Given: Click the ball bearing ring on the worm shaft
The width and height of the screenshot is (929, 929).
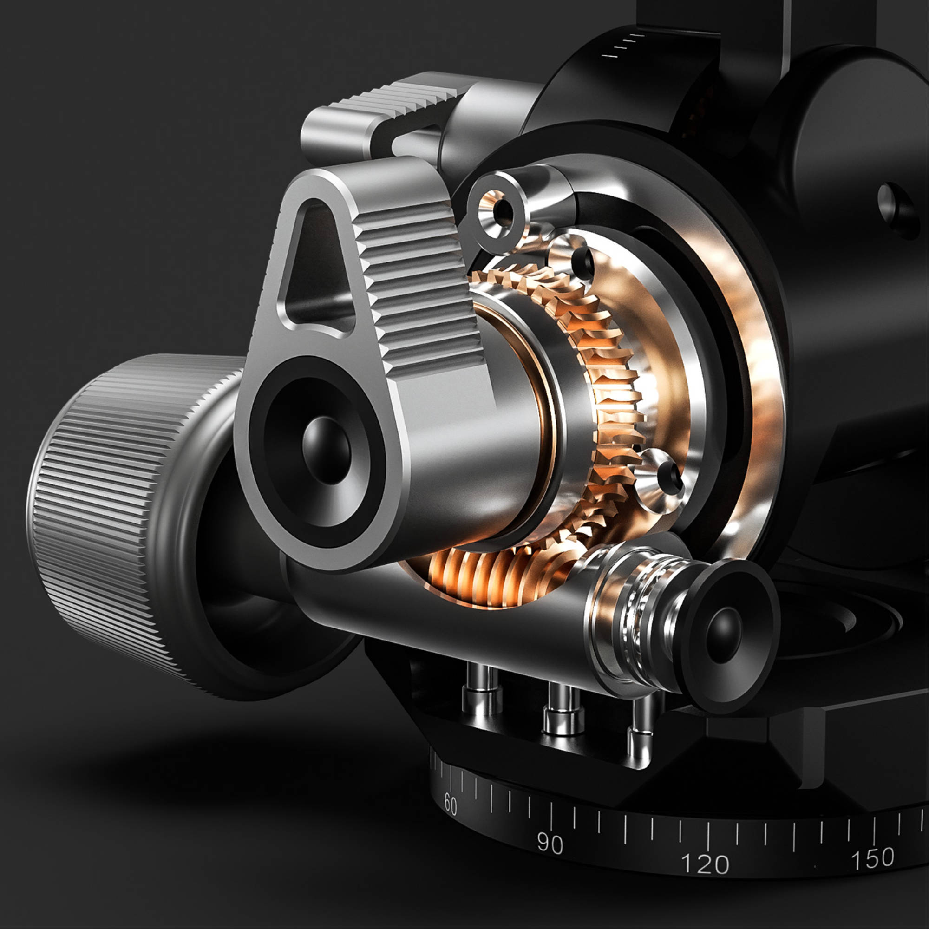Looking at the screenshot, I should [x=637, y=620].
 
